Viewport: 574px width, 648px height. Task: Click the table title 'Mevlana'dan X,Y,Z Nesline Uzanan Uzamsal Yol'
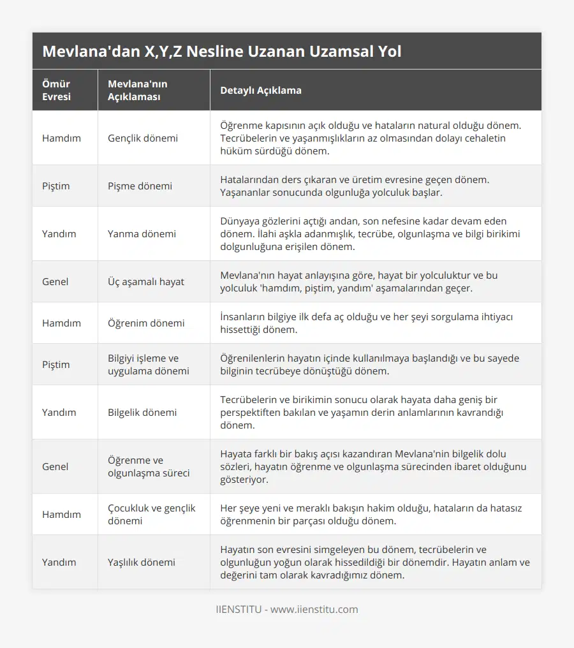click(221, 51)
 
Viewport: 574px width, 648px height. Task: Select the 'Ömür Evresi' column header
click(56, 90)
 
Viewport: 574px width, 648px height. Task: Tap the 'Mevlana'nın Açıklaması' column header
click(138, 90)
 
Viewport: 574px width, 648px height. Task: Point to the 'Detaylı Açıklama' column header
click(261, 90)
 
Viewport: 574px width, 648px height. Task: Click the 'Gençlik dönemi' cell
click(143, 138)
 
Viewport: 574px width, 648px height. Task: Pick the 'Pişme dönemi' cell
click(140, 186)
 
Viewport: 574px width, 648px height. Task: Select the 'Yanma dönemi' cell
click(142, 233)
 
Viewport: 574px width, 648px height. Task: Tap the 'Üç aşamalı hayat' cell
click(146, 281)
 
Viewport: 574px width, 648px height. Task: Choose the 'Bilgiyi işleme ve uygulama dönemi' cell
click(143, 364)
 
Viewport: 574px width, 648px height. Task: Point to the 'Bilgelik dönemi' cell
click(142, 412)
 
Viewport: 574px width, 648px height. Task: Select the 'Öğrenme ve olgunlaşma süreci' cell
click(145, 466)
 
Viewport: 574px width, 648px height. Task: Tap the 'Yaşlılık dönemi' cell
click(142, 562)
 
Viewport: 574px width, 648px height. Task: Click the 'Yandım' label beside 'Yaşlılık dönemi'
click(59, 562)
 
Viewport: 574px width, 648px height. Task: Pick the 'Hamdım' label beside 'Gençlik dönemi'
click(61, 138)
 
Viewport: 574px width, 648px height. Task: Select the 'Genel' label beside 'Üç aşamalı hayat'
click(55, 281)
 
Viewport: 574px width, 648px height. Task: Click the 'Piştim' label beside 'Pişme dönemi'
click(56, 186)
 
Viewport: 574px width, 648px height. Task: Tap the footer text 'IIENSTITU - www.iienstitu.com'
click(286, 609)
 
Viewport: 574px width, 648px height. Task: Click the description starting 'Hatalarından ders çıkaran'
click(355, 186)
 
